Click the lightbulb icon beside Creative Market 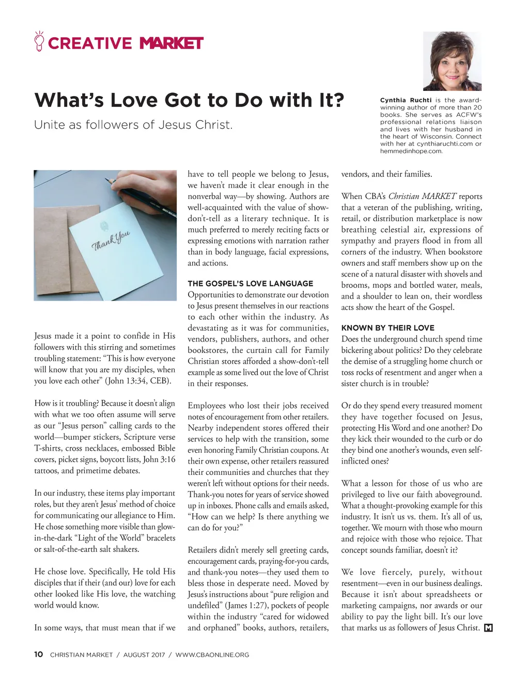click(x=39, y=41)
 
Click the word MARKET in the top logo click(x=172, y=43)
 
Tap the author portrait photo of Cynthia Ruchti click(x=452, y=61)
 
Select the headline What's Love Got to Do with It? click(x=189, y=100)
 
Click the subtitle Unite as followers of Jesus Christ click(x=133, y=125)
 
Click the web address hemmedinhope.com click(x=411, y=151)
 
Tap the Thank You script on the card click(x=111, y=240)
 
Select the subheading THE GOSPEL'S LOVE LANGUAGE click(x=250, y=283)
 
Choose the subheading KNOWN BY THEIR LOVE click(x=387, y=328)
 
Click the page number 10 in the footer click(x=38, y=654)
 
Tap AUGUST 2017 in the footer click(x=144, y=655)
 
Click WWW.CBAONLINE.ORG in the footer click(x=212, y=655)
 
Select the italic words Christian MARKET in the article click(x=422, y=196)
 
